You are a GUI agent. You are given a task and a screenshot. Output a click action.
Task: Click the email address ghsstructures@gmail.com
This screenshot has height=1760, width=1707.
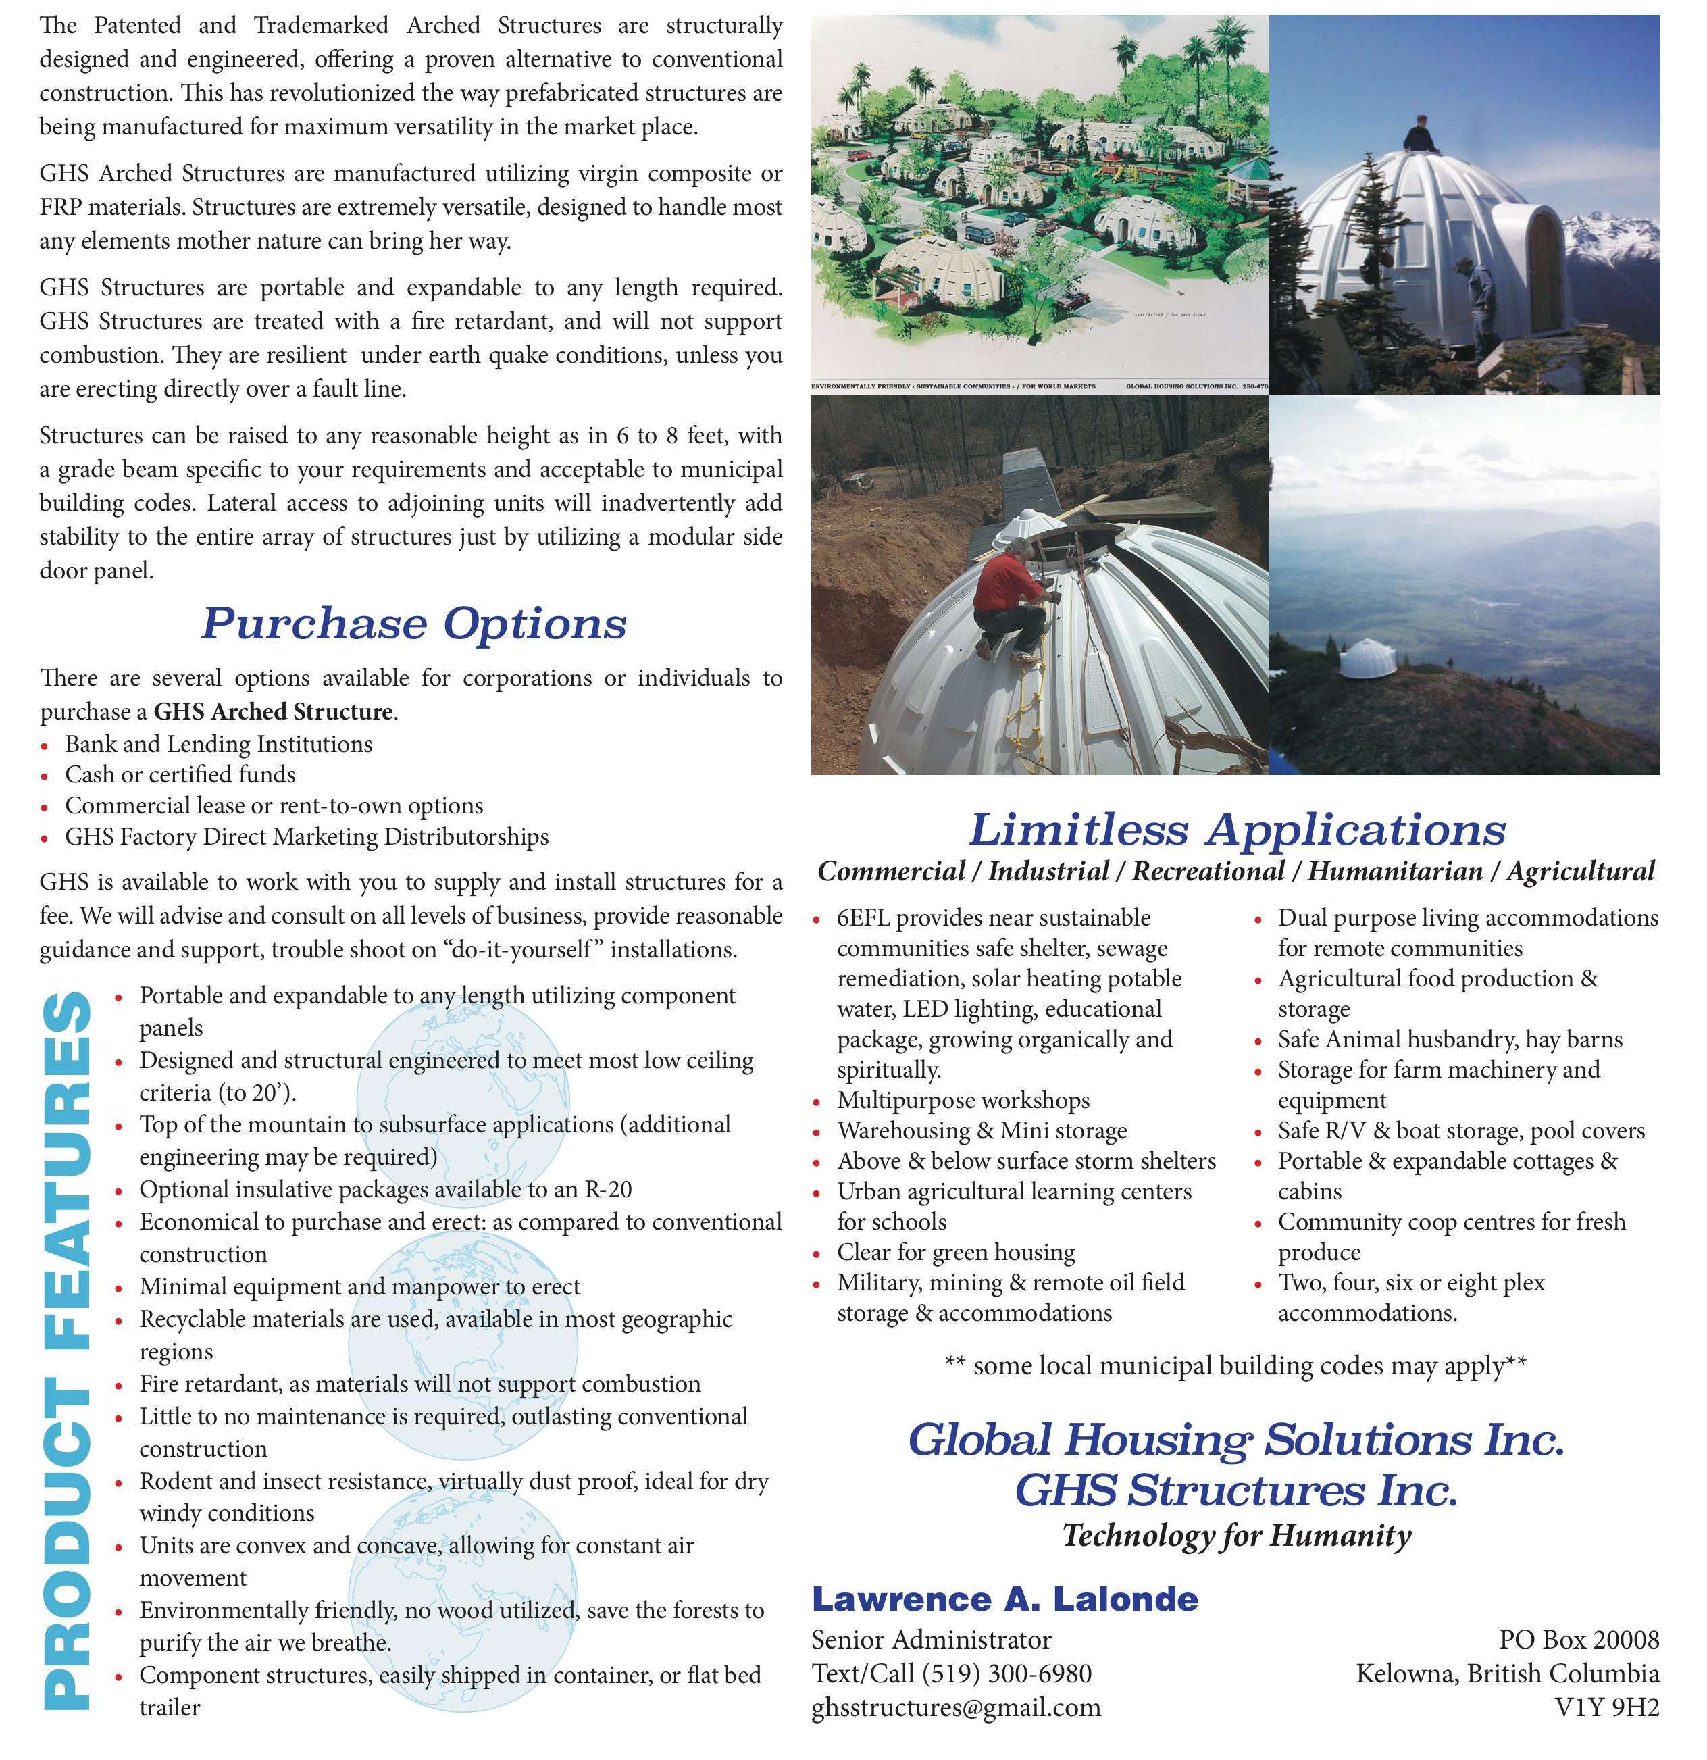[x=955, y=1707]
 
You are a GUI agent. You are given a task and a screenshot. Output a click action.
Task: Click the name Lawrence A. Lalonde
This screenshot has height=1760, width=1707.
[x=1004, y=1599]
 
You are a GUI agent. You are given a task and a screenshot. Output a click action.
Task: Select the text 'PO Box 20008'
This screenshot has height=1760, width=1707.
[x=1579, y=1640]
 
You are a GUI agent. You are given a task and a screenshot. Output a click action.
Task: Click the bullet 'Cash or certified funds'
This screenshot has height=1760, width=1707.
[x=180, y=774]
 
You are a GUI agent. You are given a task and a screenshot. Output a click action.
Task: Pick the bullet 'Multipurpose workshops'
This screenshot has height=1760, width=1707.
[x=963, y=1100]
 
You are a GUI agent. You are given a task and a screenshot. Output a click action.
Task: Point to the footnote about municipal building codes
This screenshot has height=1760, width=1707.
[x=1235, y=1366]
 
